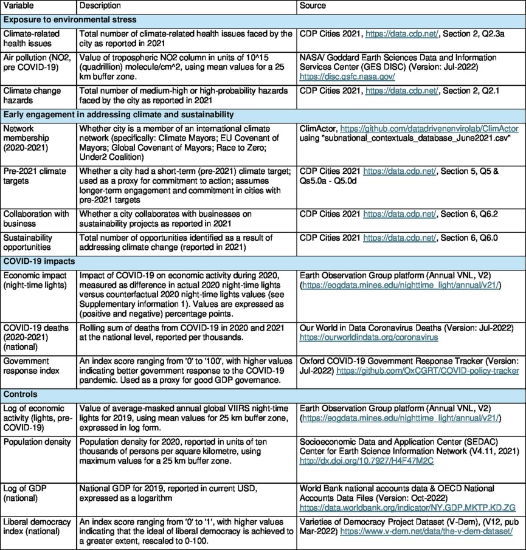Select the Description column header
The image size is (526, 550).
coord(100,5)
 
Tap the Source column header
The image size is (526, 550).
coord(313,5)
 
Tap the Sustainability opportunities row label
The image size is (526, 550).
coord(30,241)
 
